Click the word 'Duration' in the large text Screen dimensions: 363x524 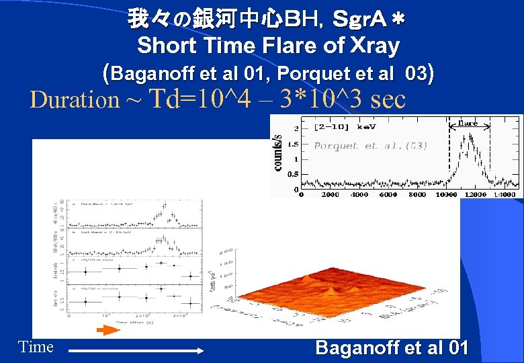[x=75, y=100]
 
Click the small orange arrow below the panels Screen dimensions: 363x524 [x=107, y=330]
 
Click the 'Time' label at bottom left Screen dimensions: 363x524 [x=36, y=347]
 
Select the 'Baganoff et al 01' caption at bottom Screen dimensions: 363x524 [x=392, y=348]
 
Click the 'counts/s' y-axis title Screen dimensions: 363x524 [x=277, y=153]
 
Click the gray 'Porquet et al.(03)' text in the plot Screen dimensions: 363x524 [x=370, y=145]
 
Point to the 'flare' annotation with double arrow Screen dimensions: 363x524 [x=468, y=123]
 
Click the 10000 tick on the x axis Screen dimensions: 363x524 [x=447, y=194]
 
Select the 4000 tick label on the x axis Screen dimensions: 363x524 [x=359, y=194]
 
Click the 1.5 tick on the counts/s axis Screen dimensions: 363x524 [x=294, y=143]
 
